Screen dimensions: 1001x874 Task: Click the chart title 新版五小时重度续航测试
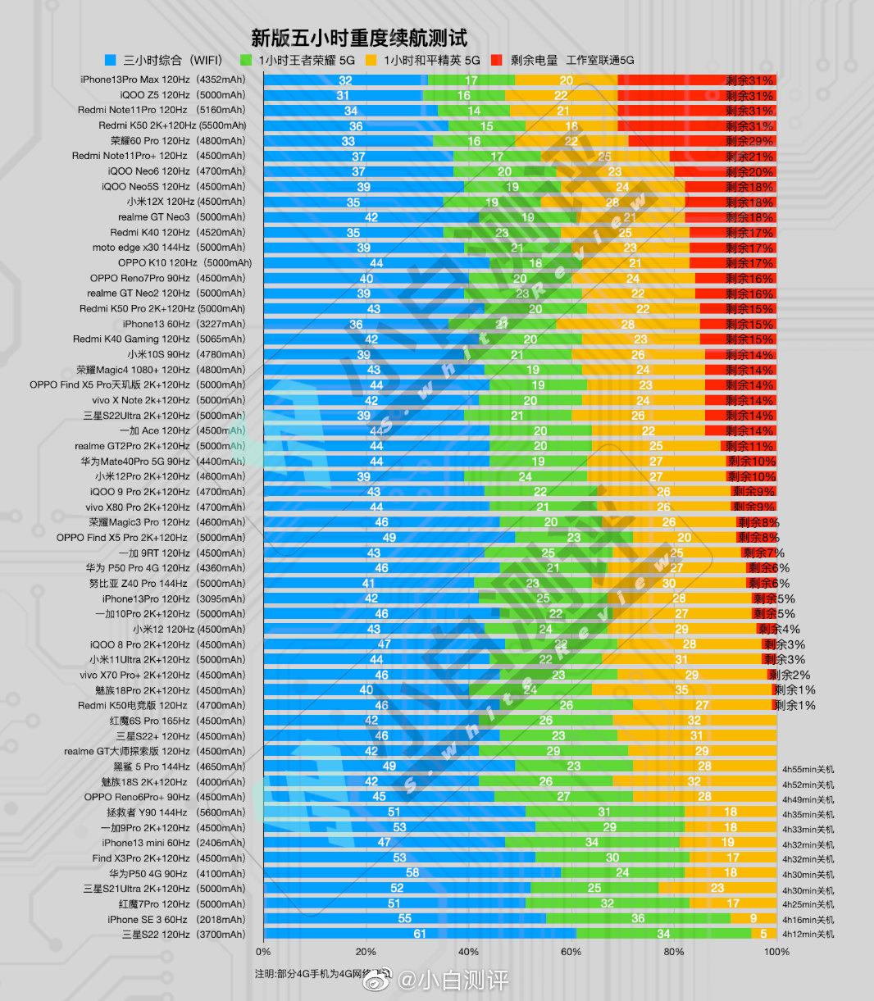pos(359,39)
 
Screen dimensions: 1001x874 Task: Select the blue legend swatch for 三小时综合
pos(111,60)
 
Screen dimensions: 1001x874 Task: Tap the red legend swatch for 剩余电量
pos(497,60)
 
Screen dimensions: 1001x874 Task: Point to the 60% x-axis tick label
pos(571,952)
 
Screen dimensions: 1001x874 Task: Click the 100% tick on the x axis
pos(776,952)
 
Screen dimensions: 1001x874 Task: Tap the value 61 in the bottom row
pos(420,934)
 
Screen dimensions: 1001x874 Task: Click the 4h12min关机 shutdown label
pos(808,934)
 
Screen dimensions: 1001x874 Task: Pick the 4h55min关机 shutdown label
pos(808,770)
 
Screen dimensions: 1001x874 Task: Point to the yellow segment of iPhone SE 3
pos(753,919)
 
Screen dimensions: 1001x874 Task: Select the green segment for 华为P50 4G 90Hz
pos(622,873)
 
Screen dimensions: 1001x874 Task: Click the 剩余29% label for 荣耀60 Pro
pos(749,141)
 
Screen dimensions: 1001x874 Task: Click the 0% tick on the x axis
pos(263,952)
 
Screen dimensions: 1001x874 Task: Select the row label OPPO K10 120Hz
pos(184,263)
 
